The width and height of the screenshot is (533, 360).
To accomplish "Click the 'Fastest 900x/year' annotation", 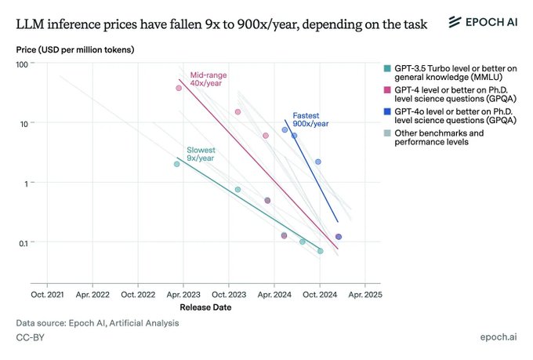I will (x=301, y=118).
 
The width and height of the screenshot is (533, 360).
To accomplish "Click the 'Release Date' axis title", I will (x=205, y=307).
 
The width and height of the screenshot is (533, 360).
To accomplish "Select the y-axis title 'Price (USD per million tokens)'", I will (x=75, y=50).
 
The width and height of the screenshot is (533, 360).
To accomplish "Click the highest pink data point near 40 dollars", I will (x=179, y=88).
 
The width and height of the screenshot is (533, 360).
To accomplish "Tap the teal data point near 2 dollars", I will (x=176, y=164).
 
